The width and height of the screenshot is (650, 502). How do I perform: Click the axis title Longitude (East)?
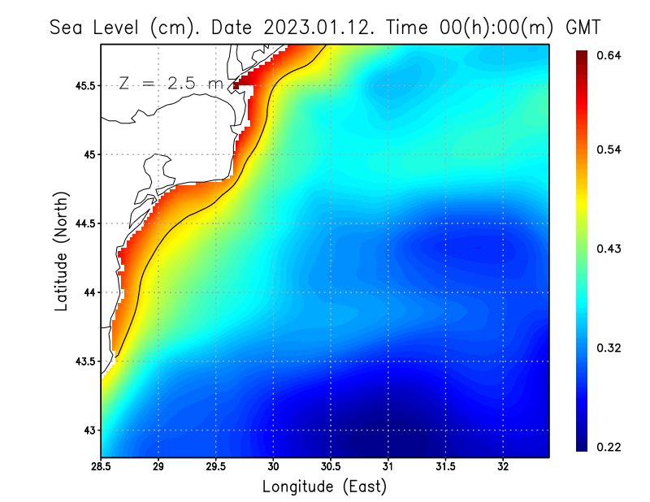pos(324,487)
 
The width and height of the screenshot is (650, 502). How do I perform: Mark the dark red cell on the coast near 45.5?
pos(236,85)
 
